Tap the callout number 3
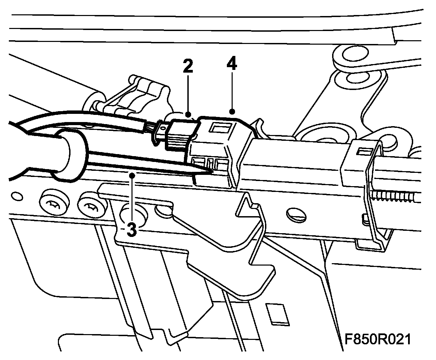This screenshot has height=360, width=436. pyautogui.click(x=131, y=229)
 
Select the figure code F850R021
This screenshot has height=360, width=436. pyautogui.click(x=377, y=340)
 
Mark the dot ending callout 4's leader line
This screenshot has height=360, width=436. pyautogui.click(x=232, y=111)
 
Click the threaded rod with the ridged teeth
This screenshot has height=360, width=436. pyautogui.click(x=395, y=196)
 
